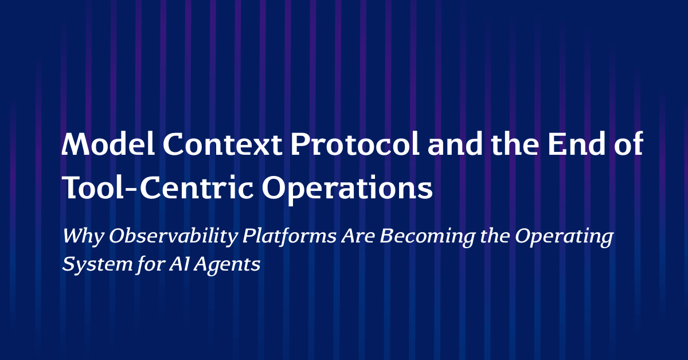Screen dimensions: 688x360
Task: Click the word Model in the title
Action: click(108, 144)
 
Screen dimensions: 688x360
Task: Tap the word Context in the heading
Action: click(222, 144)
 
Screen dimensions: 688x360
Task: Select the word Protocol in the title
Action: click(355, 144)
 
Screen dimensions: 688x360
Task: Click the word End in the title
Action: click(577, 144)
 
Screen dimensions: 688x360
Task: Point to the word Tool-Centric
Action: click(158, 187)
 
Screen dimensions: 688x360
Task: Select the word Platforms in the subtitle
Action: click(290, 236)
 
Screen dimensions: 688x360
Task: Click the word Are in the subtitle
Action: click(358, 236)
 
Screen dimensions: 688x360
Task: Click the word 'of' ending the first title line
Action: click(629, 143)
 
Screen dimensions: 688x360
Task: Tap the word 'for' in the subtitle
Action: click(150, 264)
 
